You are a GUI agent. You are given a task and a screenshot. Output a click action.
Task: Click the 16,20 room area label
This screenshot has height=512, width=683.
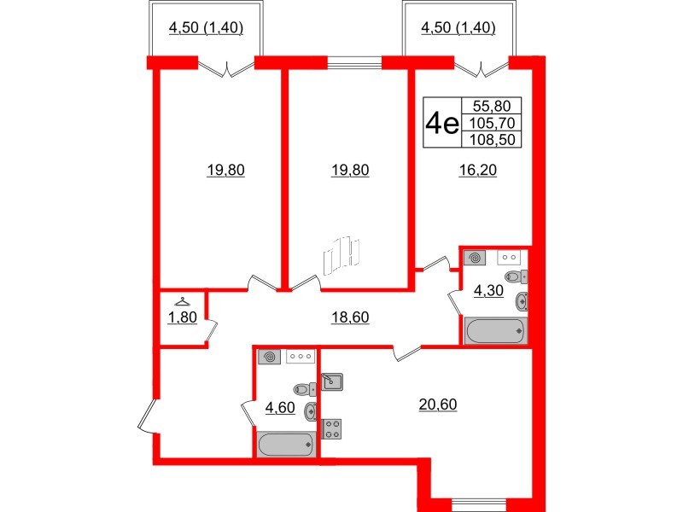coord(478,170)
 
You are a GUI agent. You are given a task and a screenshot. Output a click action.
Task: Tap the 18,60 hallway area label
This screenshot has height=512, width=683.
coord(350,317)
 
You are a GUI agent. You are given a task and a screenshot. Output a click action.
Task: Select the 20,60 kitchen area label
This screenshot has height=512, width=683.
coord(438,404)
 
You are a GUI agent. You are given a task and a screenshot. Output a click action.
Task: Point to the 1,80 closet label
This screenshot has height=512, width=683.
coord(183,317)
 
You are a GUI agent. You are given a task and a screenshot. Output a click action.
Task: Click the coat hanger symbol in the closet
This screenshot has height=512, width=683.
coord(182,302)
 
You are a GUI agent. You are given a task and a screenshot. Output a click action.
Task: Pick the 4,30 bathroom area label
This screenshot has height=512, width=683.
coord(488,290)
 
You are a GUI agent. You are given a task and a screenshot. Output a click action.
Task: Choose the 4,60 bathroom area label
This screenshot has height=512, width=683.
coord(280,408)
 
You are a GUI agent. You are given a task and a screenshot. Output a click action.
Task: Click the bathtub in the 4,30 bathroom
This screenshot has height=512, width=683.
coord(495,331)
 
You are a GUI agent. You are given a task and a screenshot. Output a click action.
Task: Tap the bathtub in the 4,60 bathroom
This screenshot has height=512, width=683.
coord(286,445)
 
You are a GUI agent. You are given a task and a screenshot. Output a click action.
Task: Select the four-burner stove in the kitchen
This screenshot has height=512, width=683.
coord(332,429)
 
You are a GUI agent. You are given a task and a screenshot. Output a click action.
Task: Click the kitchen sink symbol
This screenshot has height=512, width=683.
coord(332,381)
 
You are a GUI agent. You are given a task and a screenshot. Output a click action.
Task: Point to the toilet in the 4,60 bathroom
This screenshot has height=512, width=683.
coord(306,389)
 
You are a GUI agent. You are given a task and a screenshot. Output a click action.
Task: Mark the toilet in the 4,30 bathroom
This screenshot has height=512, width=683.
coord(517,276)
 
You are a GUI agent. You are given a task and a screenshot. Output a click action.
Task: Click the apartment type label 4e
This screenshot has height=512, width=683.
coord(442,123)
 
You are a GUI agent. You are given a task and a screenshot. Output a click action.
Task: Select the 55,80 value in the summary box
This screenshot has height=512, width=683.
coord(492,106)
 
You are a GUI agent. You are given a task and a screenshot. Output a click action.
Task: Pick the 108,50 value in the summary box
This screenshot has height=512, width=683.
coord(492,140)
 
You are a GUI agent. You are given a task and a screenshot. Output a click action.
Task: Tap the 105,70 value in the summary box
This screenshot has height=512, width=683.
coord(492,123)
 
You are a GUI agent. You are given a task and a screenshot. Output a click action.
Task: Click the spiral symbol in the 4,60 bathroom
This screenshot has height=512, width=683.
coord(270,358)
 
